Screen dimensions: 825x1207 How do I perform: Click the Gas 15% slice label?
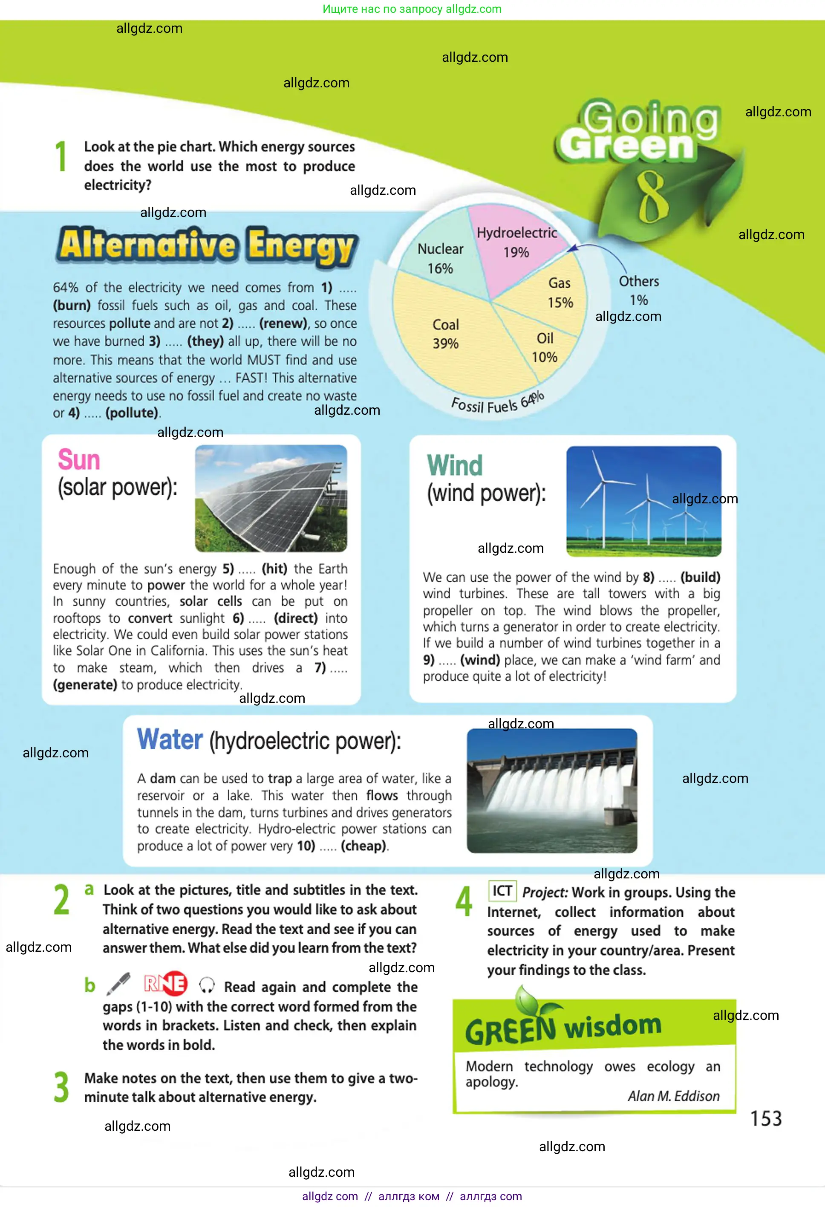point(560,293)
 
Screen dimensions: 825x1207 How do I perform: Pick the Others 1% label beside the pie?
point(639,290)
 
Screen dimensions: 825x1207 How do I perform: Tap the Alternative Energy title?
point(207,245)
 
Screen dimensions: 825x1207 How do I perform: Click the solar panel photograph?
point(271,498)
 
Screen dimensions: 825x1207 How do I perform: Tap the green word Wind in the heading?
point(455,465)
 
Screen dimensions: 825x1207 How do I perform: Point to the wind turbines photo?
point(644,501)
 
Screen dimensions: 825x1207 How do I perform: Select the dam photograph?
point(552,791)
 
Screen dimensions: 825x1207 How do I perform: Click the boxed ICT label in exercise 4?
point(502,891)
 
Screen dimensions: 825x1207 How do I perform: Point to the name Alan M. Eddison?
point(673,1096)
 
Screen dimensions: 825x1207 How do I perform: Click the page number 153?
point(766,1118)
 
